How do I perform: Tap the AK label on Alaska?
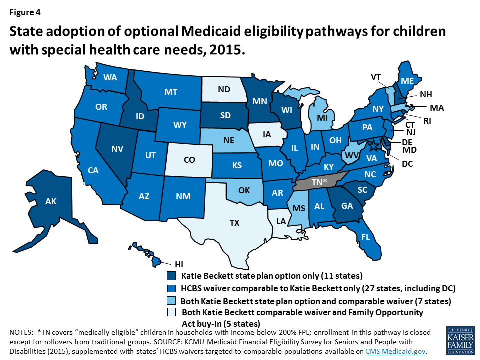51,202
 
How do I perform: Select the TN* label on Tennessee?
316,183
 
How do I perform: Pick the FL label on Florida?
365,237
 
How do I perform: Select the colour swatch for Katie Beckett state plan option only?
171,276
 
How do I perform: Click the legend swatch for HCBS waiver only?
171,288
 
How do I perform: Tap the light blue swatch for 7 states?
171,301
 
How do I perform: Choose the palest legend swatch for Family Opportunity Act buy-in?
171,313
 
